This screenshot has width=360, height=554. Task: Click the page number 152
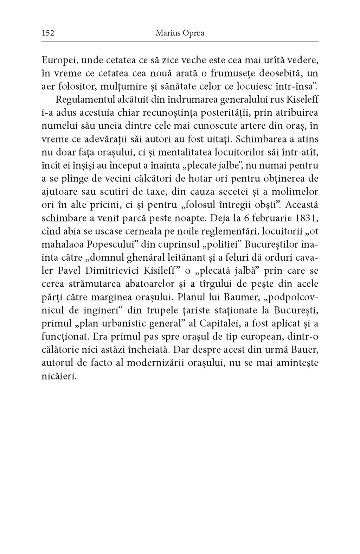(x=47, y=33)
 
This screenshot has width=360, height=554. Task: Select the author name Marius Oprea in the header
(x=180, y=33)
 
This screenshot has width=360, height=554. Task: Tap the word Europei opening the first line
(x=58, y=60)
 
